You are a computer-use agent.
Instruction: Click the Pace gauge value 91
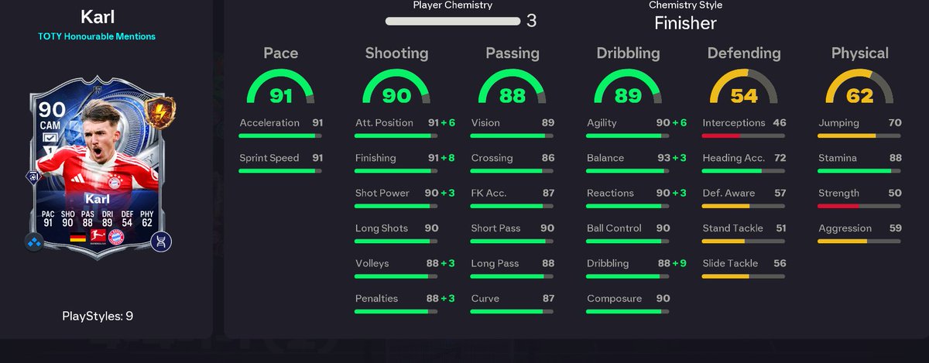tap(281, 96)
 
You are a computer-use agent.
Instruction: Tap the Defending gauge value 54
tap(744, 96)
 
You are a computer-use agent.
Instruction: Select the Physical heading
tap(860, 53)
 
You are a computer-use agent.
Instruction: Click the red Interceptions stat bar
tap(721, 135)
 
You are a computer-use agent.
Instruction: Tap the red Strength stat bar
tap(838, 206)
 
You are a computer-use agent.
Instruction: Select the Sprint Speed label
tap(269, 158)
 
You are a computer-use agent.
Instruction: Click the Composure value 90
tap(663, 298)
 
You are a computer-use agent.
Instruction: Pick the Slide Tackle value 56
tap(780, 263)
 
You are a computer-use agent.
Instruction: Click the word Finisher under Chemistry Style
tap(685, 23)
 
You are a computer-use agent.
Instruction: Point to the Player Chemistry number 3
tap(531, 21)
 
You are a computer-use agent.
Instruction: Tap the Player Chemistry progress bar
tap(453, 21)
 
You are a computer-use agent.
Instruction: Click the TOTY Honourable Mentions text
tap(97, 36)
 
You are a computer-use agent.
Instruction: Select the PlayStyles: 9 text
tap(98, 316)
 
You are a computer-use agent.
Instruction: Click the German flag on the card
tap(77, 238)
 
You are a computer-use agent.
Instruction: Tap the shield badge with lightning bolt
tap(160, 112)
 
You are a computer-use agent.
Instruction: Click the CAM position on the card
tap(50, 125)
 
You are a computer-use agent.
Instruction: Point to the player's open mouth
tap(98, 151)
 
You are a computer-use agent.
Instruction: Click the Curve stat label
tap(485, 298)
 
